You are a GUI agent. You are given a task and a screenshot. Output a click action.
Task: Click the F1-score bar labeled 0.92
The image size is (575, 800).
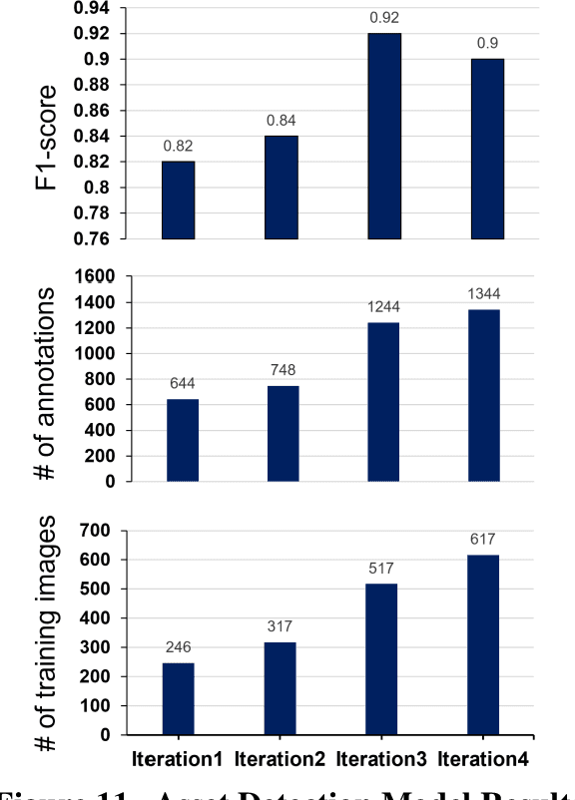[x=384, y=137]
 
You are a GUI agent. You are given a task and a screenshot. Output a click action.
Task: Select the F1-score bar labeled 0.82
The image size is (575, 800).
[x=179, y=200]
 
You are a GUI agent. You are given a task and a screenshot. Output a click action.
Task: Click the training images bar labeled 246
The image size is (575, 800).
[x=178, y=698]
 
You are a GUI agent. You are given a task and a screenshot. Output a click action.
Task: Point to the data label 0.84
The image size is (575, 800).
[x=281, y=121]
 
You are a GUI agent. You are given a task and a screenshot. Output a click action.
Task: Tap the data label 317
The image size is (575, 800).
[x=280, y=627]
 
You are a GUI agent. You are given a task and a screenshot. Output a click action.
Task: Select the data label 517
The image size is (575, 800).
[x=380, y=568]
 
